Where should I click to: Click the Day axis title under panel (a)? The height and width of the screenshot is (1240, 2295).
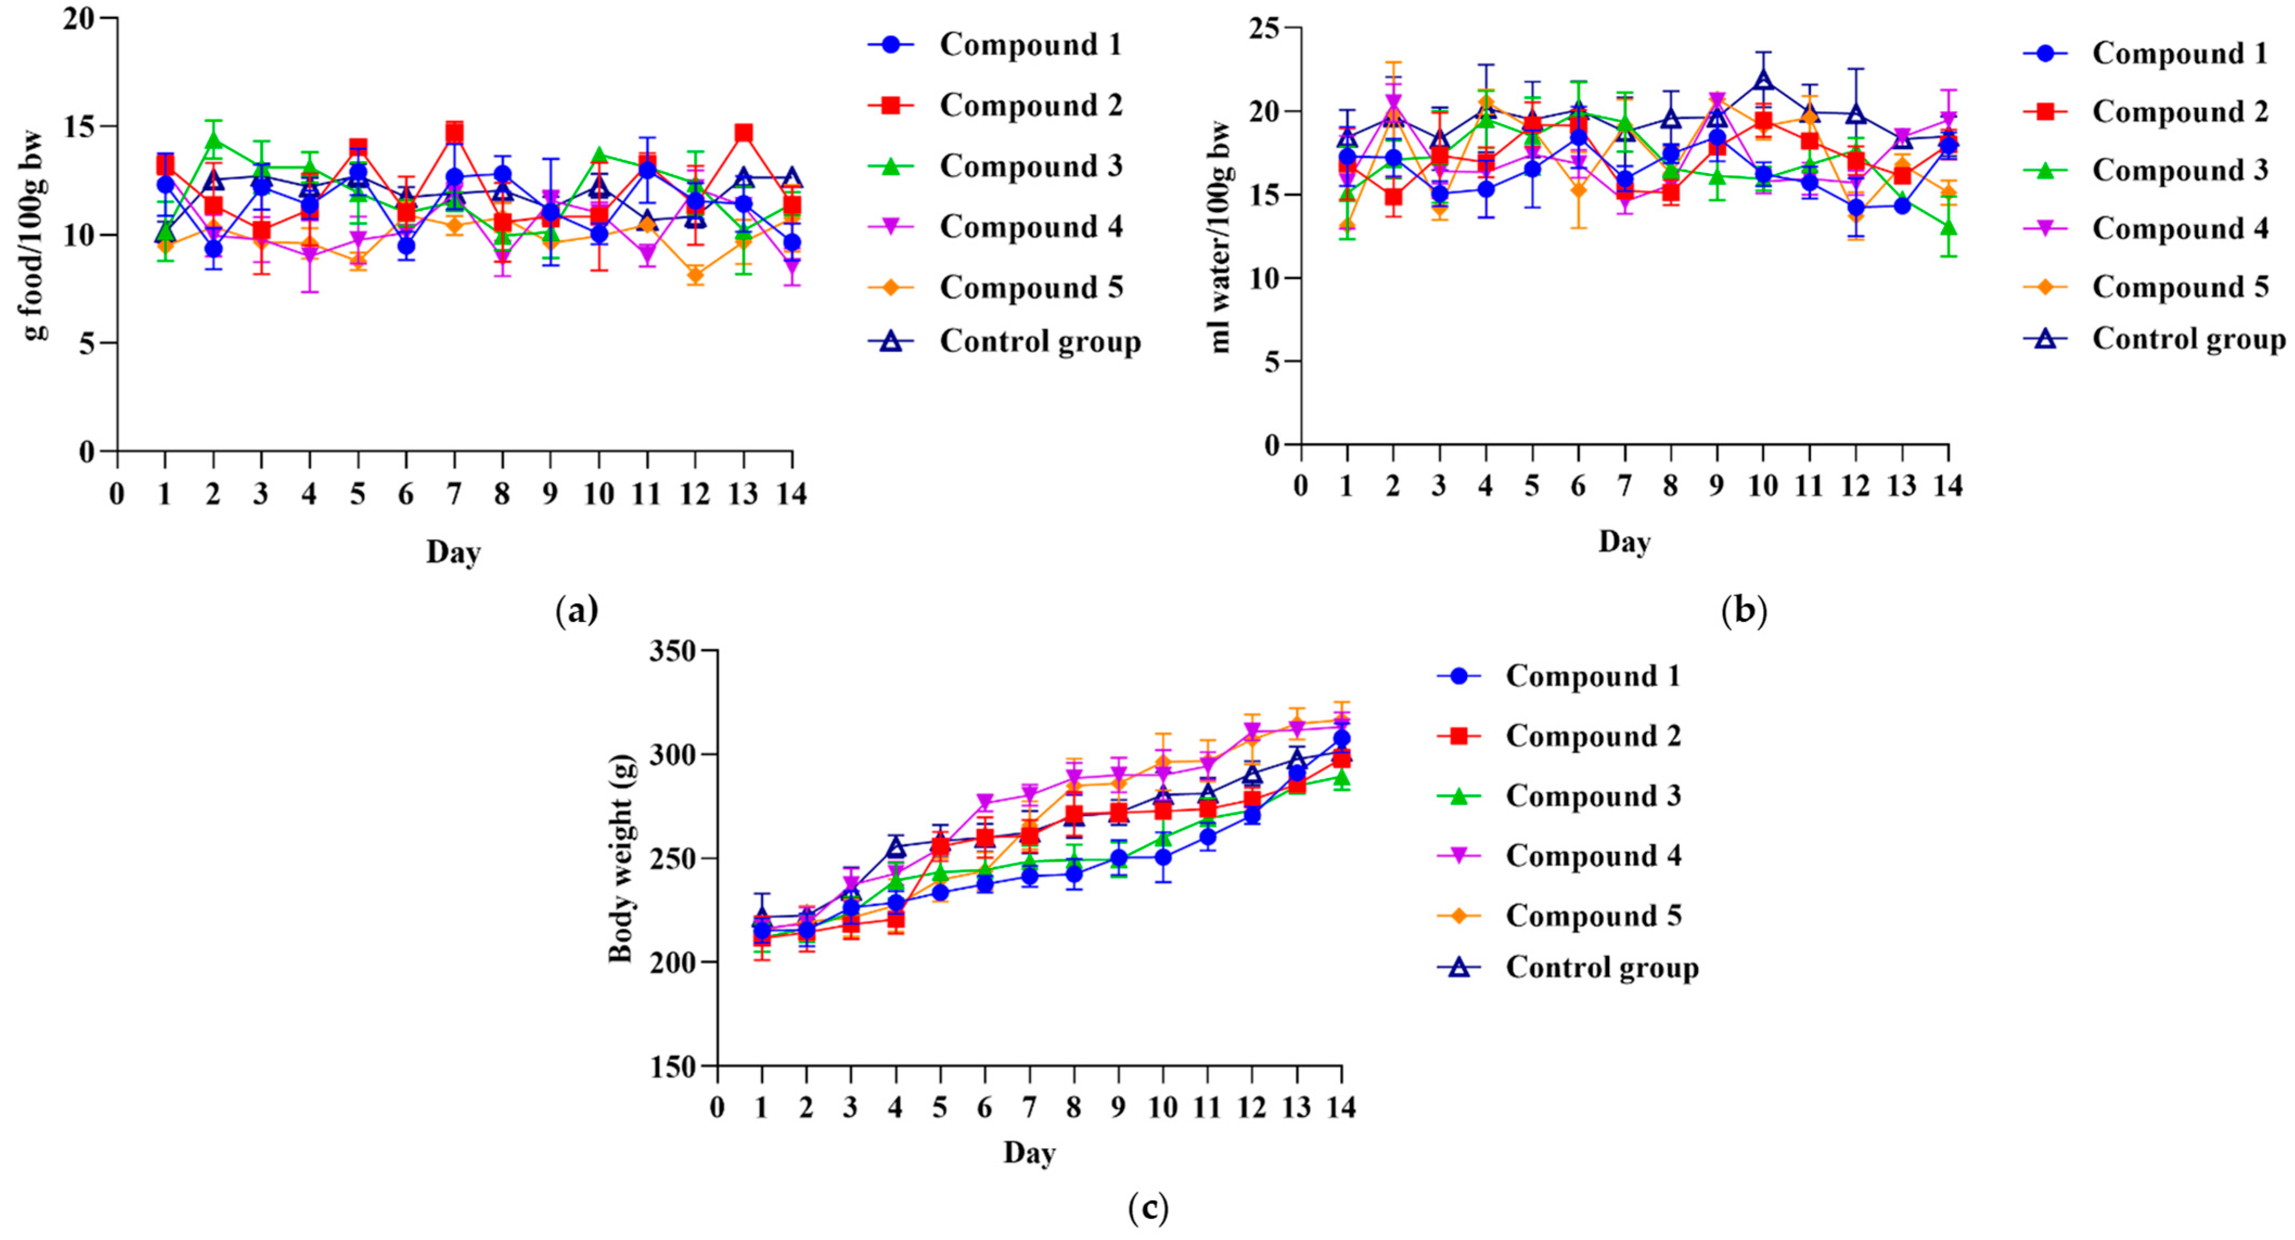[x=453, y=552]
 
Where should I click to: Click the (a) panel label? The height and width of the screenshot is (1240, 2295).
[x=576, y=611]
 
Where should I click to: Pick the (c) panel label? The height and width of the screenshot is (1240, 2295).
[x=1147, y=1209]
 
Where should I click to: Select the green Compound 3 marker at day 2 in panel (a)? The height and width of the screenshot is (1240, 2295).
[x=213, y=140]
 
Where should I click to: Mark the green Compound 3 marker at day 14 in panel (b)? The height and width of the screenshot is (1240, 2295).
[x=1949, y=226]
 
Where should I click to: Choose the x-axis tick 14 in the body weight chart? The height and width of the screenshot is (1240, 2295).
[x=1341, y=1107]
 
